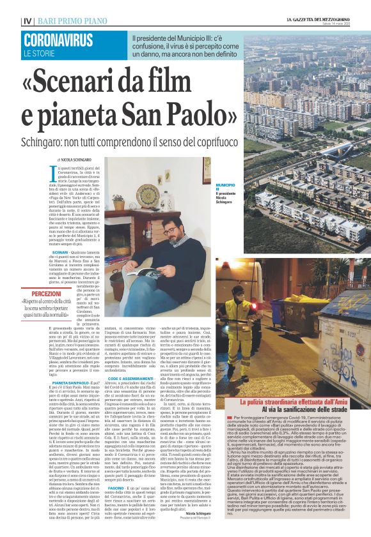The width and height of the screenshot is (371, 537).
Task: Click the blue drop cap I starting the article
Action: pyautogui.click(x=52, y=170)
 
